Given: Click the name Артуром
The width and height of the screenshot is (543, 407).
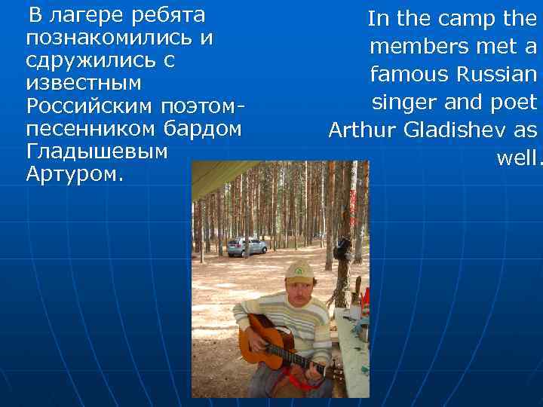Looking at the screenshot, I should (x=72, y=174).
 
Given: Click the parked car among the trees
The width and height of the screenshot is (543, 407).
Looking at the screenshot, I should (x=247, y=246).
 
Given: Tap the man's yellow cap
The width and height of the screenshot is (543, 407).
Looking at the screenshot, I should (x=299, y=272).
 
